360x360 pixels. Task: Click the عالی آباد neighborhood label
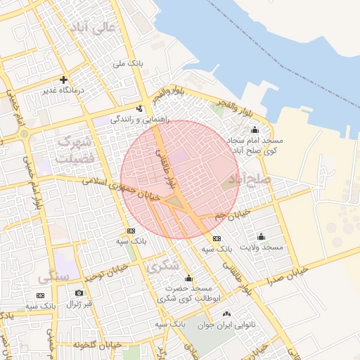89,29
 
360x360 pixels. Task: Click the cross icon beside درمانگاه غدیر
64,80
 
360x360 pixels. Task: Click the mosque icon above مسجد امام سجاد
255,130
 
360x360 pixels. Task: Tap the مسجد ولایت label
261,247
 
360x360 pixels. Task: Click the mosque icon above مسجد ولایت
261,236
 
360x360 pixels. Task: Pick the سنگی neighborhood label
56,276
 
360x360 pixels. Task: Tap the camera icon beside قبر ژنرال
79,292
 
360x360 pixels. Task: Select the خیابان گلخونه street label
94,345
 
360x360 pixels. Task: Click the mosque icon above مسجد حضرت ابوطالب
188,278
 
